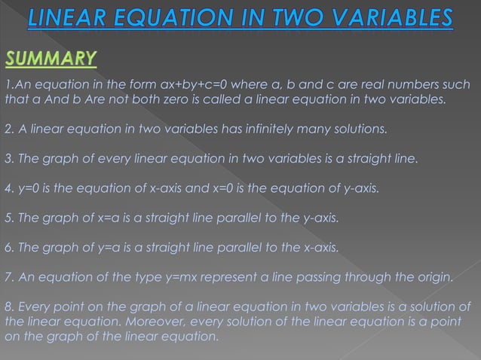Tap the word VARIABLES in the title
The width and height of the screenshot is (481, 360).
(381, 17)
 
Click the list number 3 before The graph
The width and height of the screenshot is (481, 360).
(8, 159)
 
